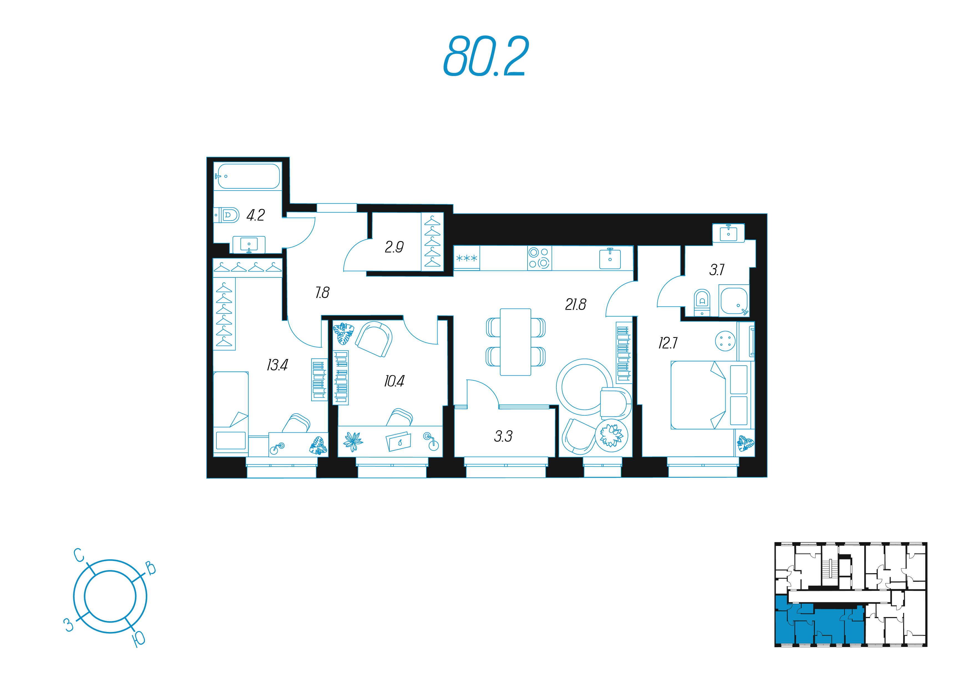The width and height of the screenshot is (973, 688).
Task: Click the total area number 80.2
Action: tap(486, 56)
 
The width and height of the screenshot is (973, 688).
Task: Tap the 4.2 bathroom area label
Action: tap(255, 215)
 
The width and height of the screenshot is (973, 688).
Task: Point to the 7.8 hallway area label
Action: tap(322, 292)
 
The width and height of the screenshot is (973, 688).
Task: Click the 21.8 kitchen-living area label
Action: tap(576, 304)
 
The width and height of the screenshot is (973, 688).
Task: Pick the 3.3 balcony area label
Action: tap(503, 436)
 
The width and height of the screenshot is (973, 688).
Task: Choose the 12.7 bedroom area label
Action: tap(668, 343)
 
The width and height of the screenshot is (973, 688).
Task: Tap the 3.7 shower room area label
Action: tap(717, 270)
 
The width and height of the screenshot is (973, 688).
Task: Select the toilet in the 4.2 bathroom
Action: tap(227, 215)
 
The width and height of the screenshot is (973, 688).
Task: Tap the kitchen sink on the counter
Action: tap(610, 259)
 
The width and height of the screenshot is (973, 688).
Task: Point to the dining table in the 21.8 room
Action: tap(515, 342)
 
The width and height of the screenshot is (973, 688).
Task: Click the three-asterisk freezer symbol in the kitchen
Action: tap(467, 258)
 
